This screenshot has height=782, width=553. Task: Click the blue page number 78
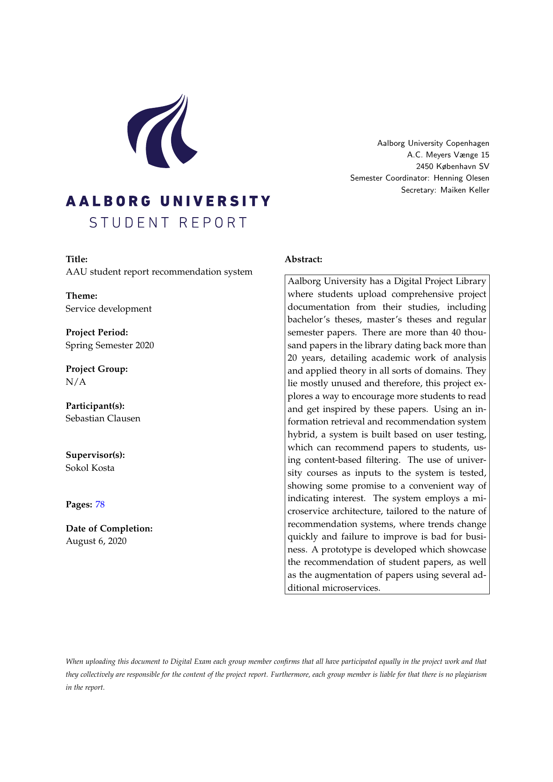tap(100, 504)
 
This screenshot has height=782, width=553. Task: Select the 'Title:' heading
tap(77, 259)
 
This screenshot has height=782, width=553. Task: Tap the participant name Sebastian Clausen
tap(103, 418)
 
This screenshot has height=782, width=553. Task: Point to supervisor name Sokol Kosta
tap(90, 468)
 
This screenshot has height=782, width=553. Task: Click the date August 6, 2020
tap(96, 541)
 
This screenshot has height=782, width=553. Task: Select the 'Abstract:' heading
tap(303, 259)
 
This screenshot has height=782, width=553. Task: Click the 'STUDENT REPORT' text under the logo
tap(168, 222)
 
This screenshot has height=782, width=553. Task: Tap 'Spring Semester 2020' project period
tap(110, 345)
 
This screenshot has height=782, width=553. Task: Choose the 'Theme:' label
tap(82, 296)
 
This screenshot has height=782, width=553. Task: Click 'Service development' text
tap(109, 309)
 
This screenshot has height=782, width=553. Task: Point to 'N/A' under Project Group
tap(76, 382)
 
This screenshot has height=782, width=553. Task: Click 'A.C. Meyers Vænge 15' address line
tap(448, 155)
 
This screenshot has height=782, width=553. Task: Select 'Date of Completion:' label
tap(109, 528)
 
